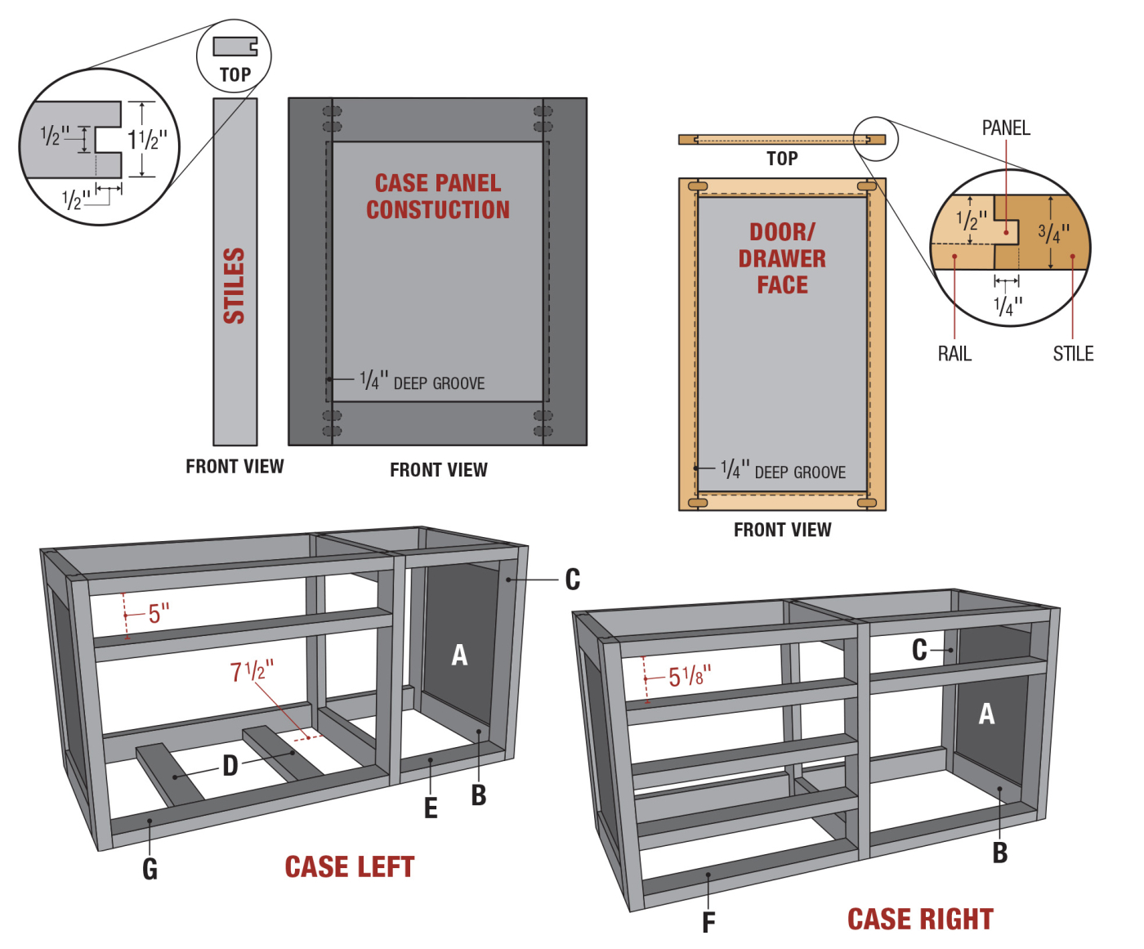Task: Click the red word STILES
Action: [x=235, y=285]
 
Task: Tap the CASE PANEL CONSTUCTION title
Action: [x=438, y=196]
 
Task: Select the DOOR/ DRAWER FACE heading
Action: [x=782, y=258]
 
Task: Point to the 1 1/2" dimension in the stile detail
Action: [x=147, y=140]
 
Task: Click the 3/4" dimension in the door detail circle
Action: [x=1053, y=233]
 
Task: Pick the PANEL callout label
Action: [x=1006, y=128]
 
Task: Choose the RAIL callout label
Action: [x=954, y=354]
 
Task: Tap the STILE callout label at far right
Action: [x=1073, y=354]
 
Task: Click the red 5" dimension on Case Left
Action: [x=159, y=613]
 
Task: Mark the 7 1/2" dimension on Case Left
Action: [x=252, y=671]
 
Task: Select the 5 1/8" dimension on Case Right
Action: [x=690, y=676]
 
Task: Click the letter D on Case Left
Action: [x=230, y=766]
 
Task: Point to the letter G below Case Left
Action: [x=150, y=869]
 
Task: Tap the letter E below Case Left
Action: [x=431, y=808]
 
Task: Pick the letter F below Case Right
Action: [x=708, y=923]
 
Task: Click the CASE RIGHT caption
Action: [x=920, y=920]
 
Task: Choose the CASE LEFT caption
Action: [x=350, y=867]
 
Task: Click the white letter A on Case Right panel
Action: [x=987, y=714]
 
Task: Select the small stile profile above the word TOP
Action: [x=235, y=47]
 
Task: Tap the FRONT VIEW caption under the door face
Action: [x=782, y=530]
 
